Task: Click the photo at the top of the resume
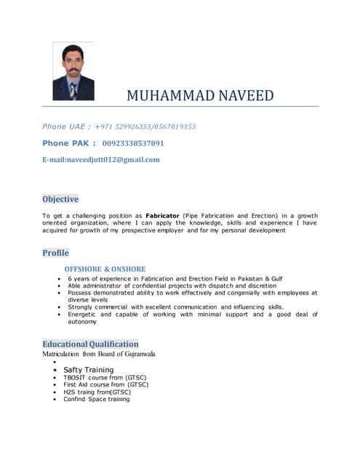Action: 73,70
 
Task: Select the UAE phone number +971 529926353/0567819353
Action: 145,126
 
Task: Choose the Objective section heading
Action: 60,199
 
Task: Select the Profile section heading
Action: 55,253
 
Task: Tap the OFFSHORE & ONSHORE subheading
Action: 105,269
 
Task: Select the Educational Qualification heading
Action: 90,344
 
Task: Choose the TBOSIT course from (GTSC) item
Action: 105,378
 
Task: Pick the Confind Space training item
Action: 97,399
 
